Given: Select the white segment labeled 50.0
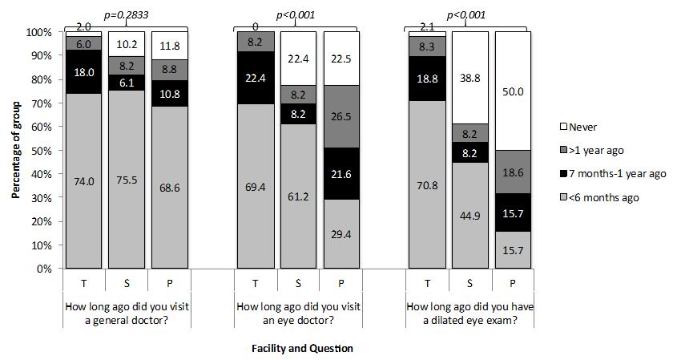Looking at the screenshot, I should [x=513, y=91].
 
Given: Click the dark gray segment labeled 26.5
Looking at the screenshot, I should [x=341, y=117].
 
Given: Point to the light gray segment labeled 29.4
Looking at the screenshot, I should [x=341, y=234].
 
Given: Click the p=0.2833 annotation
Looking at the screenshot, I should [x=128, y=14].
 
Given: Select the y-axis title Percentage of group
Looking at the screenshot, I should [x=15, y=150].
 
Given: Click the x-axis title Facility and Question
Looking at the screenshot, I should [x=303, y=349].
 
